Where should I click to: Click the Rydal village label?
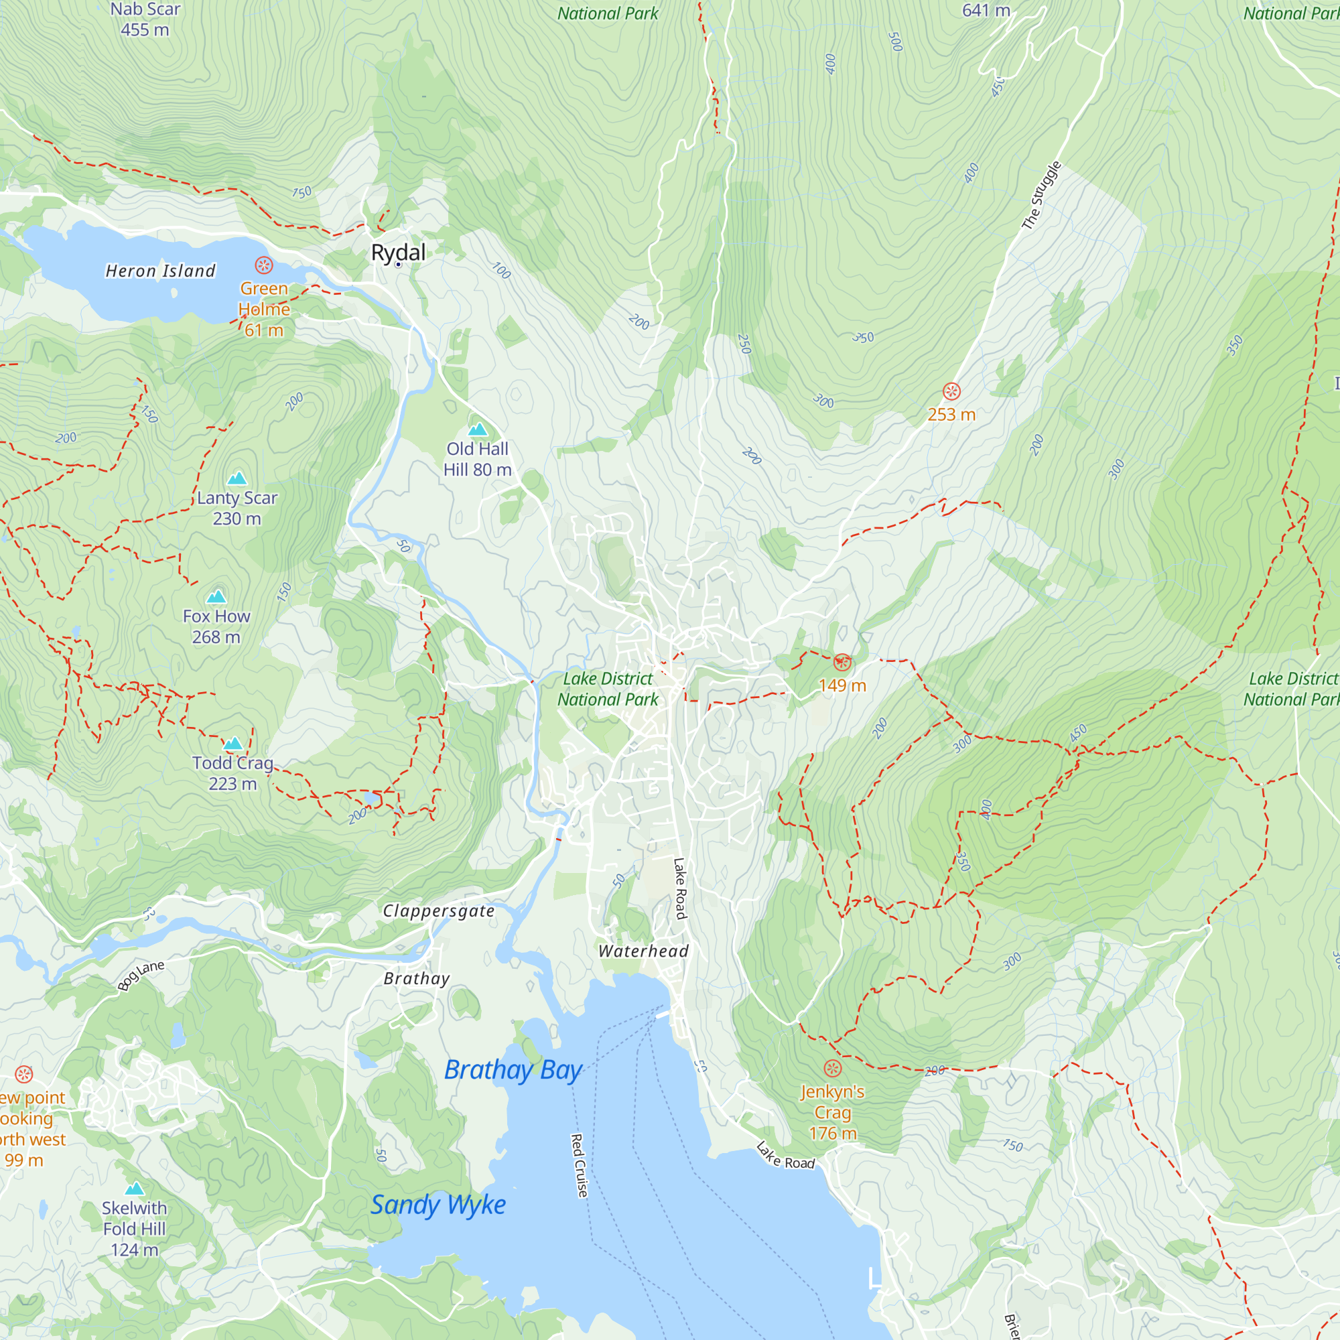click(398, 253)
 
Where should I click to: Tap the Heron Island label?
click(160, 271)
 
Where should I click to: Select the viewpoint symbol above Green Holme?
click(263, 265)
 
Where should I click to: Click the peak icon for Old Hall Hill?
click(477, 430)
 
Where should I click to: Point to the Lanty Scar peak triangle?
click(237, 478)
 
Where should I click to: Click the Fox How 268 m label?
click(216, 626)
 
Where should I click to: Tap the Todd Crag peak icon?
click(233, 744)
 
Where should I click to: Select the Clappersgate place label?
click(439, 911)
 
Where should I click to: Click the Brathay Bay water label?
click(513, 1069)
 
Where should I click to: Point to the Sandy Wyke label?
click(438, 1205)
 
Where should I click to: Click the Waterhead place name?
click(644, 951)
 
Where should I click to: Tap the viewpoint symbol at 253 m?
click(951, 392)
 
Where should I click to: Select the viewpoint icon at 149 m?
click(842, 663)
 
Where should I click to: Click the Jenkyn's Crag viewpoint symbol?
click(832, 1068)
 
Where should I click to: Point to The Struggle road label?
click(1041, 196)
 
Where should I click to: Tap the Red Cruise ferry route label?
click(578, 1166)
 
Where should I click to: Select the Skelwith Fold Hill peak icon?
click(135, 1189)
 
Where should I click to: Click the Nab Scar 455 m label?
click(145, 19)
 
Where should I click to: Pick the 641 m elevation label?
click(986, 11)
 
